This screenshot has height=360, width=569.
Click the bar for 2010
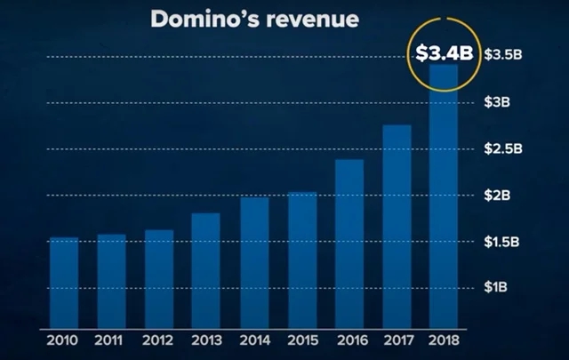(64, 282)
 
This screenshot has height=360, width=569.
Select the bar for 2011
(111, 281)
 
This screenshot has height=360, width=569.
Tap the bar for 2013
(205, 270)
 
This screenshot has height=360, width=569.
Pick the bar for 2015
(301, 260)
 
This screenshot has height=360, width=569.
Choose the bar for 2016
(349, 243)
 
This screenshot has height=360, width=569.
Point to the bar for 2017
(397, 226)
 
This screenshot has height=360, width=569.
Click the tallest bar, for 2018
(444, 196)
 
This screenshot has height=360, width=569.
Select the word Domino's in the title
(203, 20)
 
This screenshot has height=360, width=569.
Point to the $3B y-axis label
(499, 101)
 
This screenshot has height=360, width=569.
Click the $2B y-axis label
(499, 195)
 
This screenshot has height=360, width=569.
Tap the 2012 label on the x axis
(158, 339)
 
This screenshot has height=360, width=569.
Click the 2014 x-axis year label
(253, 339)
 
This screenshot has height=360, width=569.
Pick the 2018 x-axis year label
(444, 339)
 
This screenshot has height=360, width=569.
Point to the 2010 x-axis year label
(64, 339)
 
